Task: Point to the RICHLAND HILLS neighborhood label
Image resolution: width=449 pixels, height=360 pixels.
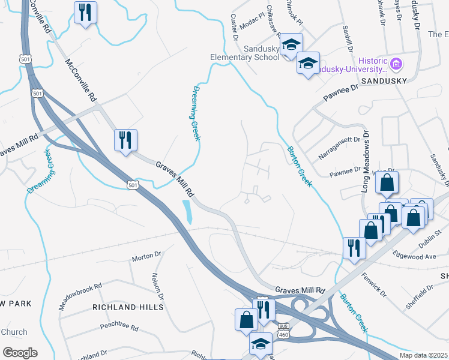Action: pyautogui.click(x=127, y=307)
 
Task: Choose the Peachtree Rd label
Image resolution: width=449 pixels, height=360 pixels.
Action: pyautogui.click(x=119, y=328)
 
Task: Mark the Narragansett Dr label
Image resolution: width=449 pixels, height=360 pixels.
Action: pyautogui.click(x=339, y=147)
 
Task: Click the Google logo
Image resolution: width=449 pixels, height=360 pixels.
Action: pyautogui.click(x=20, y=352)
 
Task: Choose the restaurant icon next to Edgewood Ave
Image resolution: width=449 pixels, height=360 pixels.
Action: pyautogui.click(x=354, y=246)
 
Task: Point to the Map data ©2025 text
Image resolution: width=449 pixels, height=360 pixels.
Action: pyautogui.click(x=424, y=355)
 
